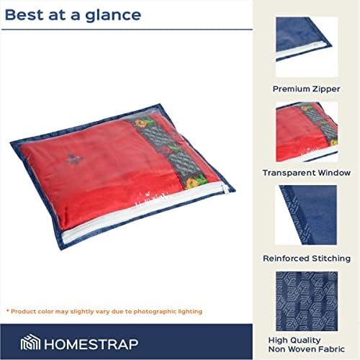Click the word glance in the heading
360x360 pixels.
click(x=113, y=16)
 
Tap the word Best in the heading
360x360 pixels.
click(x=24, y=14)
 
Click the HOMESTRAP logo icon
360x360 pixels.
click(x=30, y=342)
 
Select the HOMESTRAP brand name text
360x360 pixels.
click(x=91, y=344)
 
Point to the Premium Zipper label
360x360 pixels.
click(x=307, y=89)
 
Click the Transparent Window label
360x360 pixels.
click(x=307, y=173)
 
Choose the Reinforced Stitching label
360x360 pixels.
click(x=307, y=258)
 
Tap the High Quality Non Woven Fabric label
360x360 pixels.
click(x=307, y=345)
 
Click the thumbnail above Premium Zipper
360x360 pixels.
click(x=307, y=47)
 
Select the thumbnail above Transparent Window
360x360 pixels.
click(x=307, y=132)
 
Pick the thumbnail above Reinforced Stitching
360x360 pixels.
click(x=307, y=215)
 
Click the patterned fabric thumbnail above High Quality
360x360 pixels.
click(x=307, y=301)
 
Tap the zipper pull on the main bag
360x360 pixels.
click(x=226, y=189)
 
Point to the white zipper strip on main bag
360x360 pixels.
click(x=144, y=211)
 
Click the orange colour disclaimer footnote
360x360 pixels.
click(x=104, y=312)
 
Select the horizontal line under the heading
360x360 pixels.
click(x=127, y=30)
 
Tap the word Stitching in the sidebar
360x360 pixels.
click(x=331, y=258)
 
